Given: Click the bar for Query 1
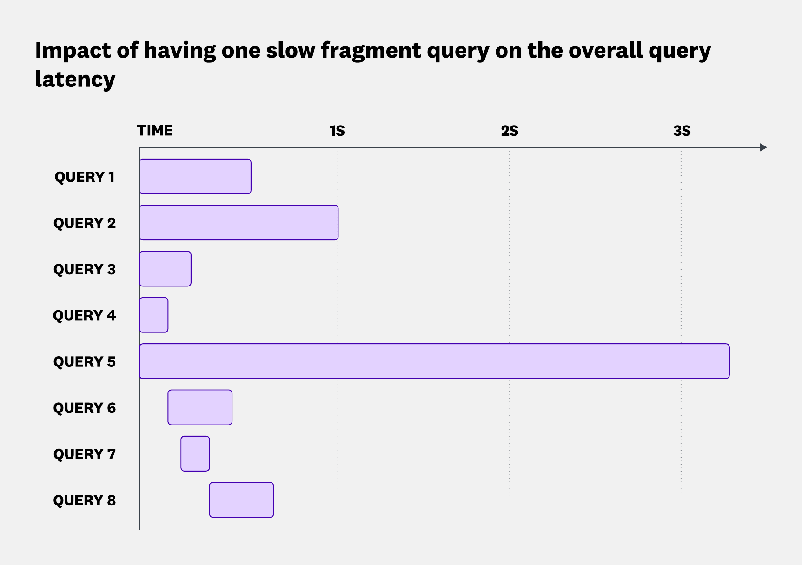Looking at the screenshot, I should (195, 176).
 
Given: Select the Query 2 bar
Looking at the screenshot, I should (239, 222).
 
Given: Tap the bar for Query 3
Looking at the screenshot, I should (165, 269).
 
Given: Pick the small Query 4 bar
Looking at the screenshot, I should (154, 315).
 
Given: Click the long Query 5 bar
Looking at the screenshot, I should (434, 361).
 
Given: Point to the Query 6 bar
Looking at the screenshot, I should (200, 407).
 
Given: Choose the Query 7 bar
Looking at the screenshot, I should (195, 453).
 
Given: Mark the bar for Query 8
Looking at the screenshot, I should (241, 499).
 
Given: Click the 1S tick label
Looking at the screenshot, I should (337, 131).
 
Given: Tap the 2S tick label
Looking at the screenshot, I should (510, 131).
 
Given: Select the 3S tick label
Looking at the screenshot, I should (682, 131).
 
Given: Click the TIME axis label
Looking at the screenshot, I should (155, 131).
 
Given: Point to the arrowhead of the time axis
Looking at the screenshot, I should (763, 147).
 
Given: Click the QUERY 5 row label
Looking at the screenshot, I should (84, 362).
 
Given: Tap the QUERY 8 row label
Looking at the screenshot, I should (84, 500).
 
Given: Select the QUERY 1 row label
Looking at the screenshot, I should (84, 177).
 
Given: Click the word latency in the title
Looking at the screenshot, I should (75, 80).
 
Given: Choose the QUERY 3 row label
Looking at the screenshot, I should (84, 269).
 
